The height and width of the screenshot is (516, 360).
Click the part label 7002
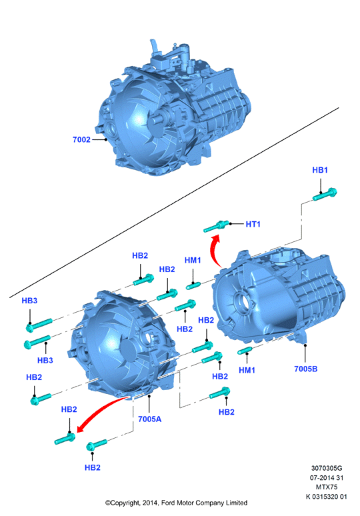(81, 139)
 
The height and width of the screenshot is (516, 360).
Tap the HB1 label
(320, 170)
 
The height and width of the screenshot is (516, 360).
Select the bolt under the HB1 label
(325, 194)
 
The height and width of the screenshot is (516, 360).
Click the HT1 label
(253, 224)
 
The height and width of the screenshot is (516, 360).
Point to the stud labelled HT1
(216, 226)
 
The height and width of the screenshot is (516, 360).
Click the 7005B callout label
(306, 369)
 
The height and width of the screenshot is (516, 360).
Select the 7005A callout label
(150, 419)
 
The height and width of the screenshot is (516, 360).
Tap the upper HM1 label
(193, 260)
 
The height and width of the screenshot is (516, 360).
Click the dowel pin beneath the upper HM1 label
(194, 285)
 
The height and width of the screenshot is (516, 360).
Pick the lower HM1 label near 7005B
(247, 370)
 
